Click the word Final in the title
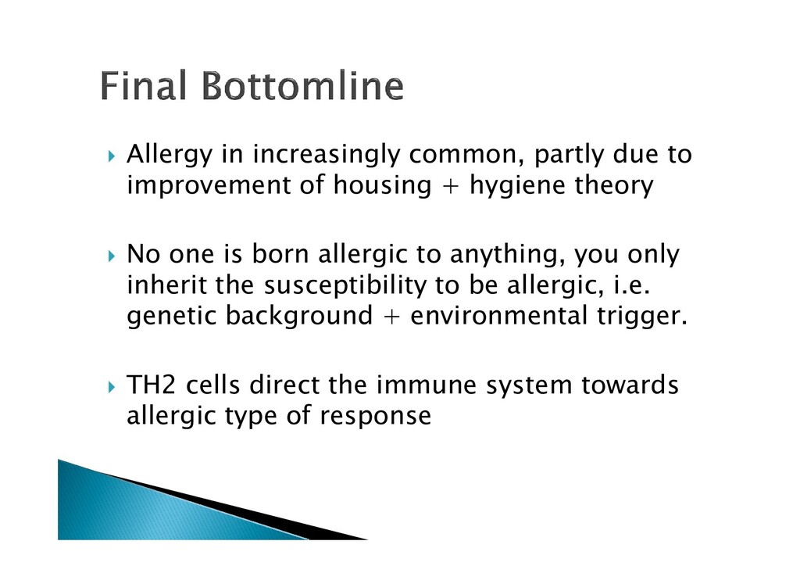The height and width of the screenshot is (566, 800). tap(143, 85)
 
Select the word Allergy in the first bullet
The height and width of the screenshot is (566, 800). tap(170, 155)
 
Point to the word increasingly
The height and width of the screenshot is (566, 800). tap(327, 155)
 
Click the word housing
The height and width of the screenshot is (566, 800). tap(382, 186)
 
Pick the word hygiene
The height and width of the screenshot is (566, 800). tap(517, 186)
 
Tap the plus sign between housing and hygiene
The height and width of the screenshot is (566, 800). tap(451, 185)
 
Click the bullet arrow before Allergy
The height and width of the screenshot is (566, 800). tap(112, 156)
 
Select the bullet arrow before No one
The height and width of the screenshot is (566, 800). tap(112, 256)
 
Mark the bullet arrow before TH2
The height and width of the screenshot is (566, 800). tap(112, 386)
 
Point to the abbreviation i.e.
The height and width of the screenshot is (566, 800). tap(631, 285)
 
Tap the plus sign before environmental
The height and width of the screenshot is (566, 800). tap(391, 316)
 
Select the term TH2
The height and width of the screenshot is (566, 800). tap(151, 385)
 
